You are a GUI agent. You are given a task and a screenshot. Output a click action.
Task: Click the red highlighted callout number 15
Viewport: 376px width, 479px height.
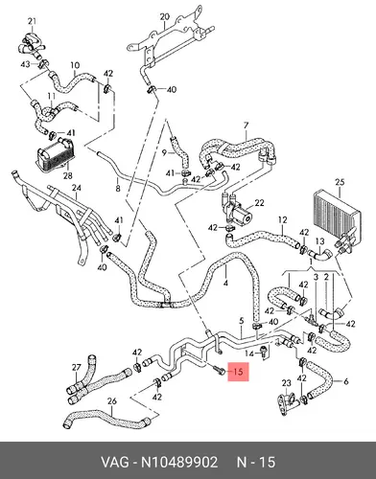tap(238, 372)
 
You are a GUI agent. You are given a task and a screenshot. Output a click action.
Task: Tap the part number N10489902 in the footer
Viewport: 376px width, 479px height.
tap(179, 462)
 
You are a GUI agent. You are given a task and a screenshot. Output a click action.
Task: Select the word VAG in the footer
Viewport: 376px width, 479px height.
tap(115, 462)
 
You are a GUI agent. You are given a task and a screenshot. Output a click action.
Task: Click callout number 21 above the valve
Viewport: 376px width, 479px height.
tap(32, 21)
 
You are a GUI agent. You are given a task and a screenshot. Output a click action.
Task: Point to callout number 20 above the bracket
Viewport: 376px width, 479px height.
tap(164, 16)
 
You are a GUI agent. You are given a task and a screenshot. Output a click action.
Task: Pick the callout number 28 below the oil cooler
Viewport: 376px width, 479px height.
tap(68, 175)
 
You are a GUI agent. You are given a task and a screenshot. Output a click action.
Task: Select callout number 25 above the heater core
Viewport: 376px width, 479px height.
tap(340, 182)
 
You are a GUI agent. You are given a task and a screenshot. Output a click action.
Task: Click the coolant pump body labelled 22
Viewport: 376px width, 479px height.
tap(237, 213)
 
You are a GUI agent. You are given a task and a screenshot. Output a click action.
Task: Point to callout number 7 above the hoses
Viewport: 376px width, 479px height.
tap(246, 125)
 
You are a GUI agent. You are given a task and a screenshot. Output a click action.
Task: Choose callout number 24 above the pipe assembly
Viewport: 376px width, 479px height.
tap(77, 188)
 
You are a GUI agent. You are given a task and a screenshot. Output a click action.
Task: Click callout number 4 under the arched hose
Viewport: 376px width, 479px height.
tap(225, 283)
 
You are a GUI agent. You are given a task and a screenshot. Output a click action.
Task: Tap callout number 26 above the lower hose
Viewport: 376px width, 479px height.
tap(111, 401)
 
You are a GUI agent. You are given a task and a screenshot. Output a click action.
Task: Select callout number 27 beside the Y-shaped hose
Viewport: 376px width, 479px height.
tap(76, 368)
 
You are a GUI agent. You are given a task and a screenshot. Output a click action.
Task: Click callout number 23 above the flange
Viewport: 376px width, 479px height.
tap(287, 383)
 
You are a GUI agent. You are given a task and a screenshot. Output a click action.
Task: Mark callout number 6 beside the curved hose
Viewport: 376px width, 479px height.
tap(345, 381)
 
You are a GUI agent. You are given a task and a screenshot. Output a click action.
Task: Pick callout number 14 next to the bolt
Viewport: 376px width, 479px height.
tap(249, 354)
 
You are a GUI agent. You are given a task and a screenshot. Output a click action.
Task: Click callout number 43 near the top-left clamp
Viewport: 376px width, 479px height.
tap(25, 64)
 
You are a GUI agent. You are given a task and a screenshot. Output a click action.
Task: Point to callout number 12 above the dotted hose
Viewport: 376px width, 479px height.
tap(283, 220)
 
